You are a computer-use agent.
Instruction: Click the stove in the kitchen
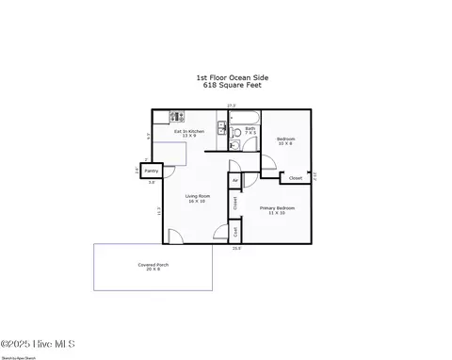click(175, 117)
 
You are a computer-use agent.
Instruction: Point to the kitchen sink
click(220, 129)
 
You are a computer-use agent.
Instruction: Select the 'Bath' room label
click(250, 128)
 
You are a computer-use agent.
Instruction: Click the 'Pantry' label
click(152, 172)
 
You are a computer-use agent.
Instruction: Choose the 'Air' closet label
click(234, 179)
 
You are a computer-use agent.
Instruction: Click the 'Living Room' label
click(198, 196)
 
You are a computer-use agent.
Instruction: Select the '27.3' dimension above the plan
click(231, 105)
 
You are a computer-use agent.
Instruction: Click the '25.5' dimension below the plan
click(236, 249)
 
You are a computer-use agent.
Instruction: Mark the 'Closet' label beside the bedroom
click(295, 177)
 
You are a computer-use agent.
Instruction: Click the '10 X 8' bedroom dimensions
click(285, 144)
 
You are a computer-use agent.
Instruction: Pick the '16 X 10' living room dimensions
click(198, 202)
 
